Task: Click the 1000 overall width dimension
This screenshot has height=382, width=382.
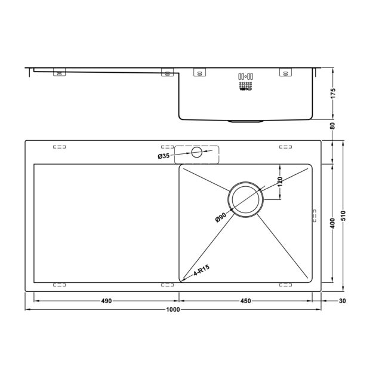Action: [x=173, y=310]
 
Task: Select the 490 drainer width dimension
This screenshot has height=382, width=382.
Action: [x=106, y=301]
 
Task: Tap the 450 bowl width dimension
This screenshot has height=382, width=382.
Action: [x=245, y=301]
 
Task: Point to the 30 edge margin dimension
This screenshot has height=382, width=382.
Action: [x=342, y=301]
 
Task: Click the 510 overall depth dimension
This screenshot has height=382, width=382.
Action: [x=344, y=215]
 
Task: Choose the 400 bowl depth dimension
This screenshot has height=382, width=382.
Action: [x=333, y=223]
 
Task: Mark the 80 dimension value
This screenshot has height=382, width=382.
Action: [x=333, y=126]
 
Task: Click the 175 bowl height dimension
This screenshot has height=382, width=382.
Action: [x=333, y=93]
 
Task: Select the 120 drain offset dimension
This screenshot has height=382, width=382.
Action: [x=280, y=182]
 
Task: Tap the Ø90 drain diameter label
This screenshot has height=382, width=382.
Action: [x=221, y=217]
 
